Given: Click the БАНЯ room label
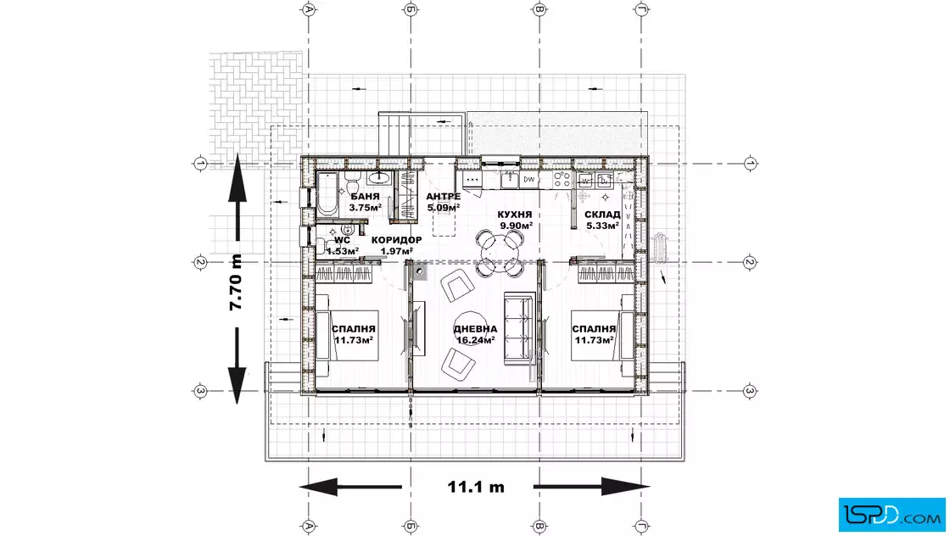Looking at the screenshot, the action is click(365, 196).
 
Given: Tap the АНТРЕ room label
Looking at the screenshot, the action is click(443, 196).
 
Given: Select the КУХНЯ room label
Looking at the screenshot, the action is click(515, 215).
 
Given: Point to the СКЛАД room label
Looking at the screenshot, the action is click(602, 215).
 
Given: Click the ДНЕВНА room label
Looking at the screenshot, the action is click(476, 329).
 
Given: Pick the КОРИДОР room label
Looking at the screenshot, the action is click(397, 240).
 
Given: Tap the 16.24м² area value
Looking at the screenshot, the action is click(476, 340).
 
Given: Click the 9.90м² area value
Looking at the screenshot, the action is click(517, 226).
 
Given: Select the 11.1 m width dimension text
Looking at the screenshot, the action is click(476, 487).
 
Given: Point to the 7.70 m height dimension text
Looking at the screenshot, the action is click(236, 281).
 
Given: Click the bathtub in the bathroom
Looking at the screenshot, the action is click(327, 194).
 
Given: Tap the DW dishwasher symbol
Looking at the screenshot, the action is click(529, 179).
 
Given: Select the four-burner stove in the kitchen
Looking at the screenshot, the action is click(563, 179).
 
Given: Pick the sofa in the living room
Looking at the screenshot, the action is click(519, 329).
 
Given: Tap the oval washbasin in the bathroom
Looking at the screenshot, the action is click(379, 177).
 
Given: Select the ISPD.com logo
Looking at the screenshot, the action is click(891, 515).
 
